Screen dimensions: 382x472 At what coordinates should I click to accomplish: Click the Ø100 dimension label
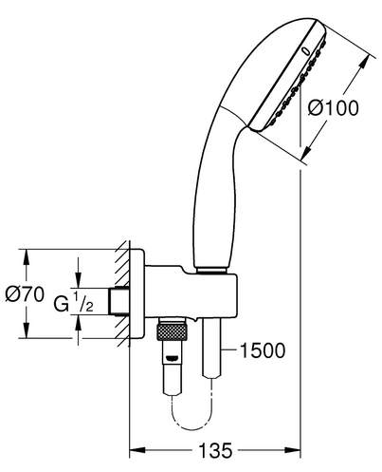(334, 108)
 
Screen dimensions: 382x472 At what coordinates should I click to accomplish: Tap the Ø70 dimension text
(25, 294)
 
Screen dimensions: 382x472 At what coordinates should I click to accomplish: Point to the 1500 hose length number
(263, 350)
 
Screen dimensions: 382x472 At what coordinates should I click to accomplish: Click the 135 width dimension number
(215, 450)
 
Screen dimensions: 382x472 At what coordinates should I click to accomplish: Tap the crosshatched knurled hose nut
(172, 331)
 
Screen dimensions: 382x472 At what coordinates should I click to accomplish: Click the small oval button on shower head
(306, 51)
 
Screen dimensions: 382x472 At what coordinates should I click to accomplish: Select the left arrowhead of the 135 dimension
(136, 450)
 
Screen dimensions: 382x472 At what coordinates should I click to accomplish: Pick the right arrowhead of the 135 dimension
(293, 450)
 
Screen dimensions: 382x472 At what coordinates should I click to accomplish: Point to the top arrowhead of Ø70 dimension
(27, 256)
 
